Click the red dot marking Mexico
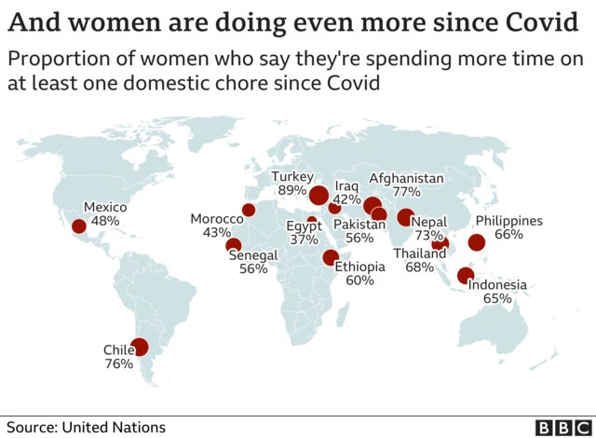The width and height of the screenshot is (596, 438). click(x=79, y=226)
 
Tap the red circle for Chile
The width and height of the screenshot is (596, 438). click(x=140, y=348)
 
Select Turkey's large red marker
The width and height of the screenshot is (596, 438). click(x=318, y=196)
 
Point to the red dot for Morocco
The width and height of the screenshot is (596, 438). click(x=249, y=210)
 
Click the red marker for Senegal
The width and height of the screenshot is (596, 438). click(x=234, y=246)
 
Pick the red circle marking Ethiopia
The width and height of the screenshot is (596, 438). click(x=330, y=258)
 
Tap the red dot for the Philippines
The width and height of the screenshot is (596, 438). click(x=477, y=243)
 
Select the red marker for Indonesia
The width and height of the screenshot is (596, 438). click(x=466, y=275)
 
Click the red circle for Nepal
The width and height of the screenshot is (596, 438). click(x=405, y=218)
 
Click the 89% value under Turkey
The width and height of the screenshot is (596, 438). click(x=292, y=191)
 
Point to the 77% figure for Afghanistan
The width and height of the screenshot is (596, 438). click(x=407, y=192)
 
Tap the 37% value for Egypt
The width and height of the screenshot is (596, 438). click(x=304, y=240)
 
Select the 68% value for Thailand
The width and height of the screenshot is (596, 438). click(x=419, y=267)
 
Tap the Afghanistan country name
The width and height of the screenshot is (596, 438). click(x=407, y=178)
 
